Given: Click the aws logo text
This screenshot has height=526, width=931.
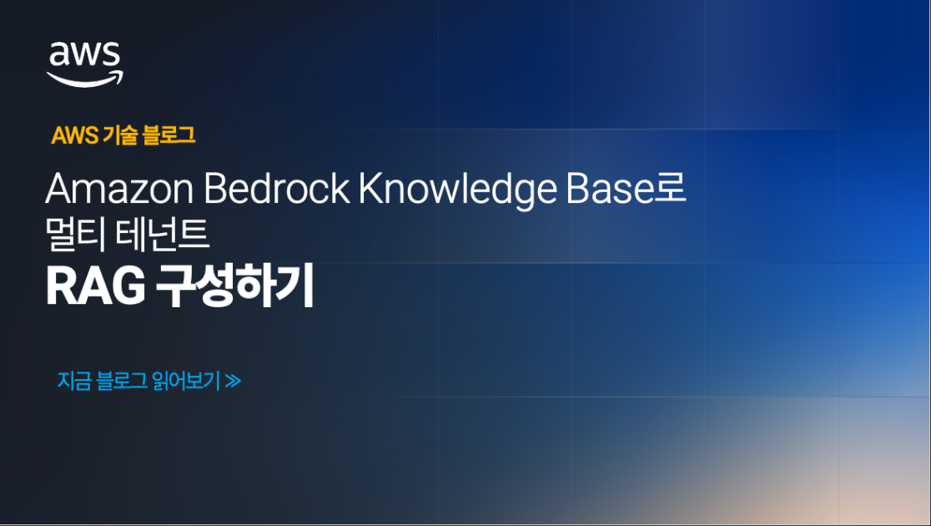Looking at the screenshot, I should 85,54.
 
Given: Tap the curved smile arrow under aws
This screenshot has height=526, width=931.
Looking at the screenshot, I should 85,78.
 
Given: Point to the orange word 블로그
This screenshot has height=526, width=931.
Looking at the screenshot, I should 168,135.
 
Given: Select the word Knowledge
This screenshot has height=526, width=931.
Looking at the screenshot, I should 457,191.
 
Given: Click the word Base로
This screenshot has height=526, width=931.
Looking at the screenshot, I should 624,190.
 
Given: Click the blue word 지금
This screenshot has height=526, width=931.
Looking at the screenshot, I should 73,381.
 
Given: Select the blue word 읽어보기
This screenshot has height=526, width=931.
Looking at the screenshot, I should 185,381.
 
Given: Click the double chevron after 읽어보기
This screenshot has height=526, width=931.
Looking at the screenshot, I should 233,382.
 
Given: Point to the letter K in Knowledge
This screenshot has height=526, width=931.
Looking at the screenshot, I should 370,190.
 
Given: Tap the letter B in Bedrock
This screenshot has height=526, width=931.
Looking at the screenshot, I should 214,190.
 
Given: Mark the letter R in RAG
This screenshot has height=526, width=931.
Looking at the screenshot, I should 58,287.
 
